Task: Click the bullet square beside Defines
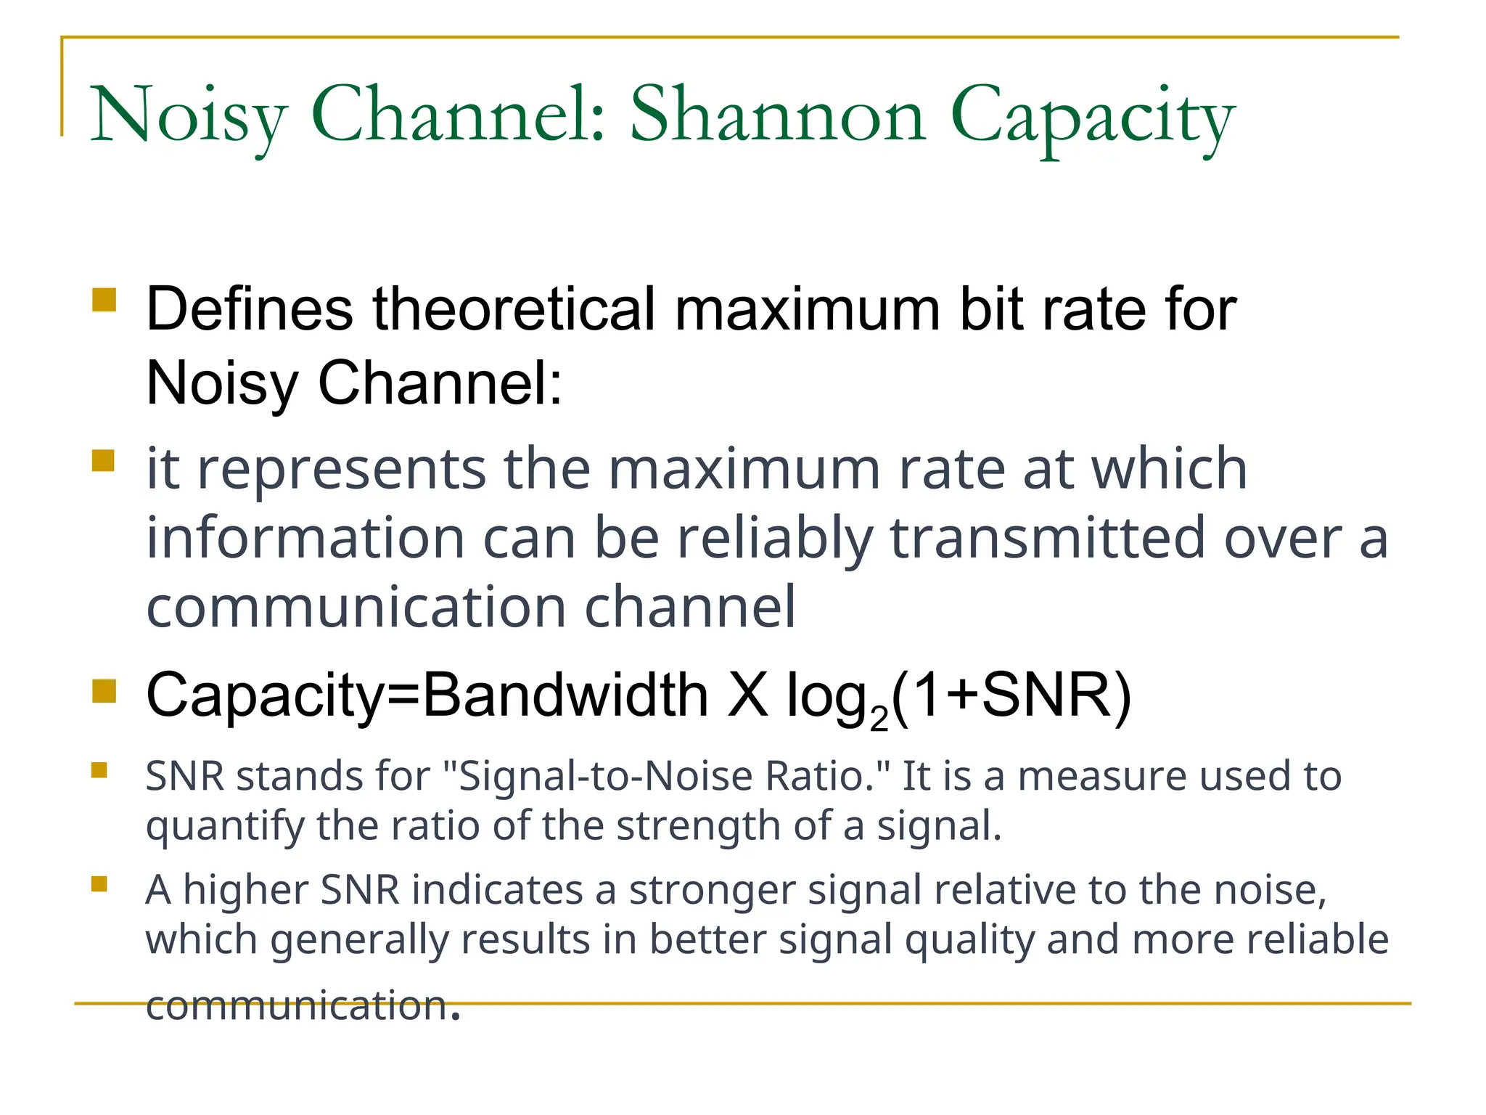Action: coord(104,300)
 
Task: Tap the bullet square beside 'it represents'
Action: coord(104,461)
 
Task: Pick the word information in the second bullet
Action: coord(305,539)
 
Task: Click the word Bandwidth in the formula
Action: coord(565,695)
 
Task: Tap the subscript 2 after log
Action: coord(879,719)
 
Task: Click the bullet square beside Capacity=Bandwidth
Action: coord(104,691)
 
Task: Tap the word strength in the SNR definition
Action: coord(697,826)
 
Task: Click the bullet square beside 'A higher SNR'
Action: coord(99,883)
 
